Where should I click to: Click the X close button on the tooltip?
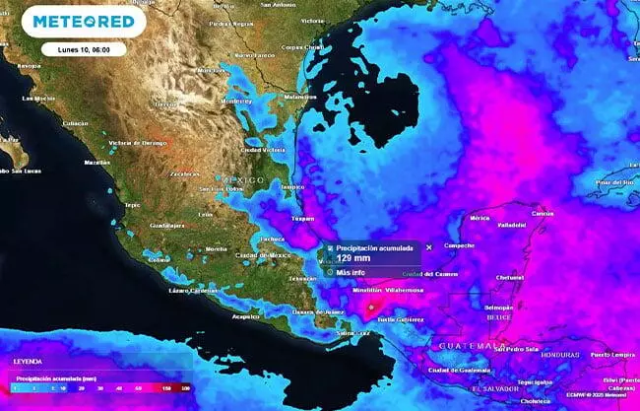coord(428,247)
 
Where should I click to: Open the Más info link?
coord(351,272)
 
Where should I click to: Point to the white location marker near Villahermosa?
coord(370,307)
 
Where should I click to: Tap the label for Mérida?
coord(480,217)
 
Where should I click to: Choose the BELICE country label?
coord(500,318)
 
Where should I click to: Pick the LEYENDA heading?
coord(28,362)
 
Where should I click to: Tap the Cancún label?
coord(541,213)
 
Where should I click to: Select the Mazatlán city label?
coord(96,162)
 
